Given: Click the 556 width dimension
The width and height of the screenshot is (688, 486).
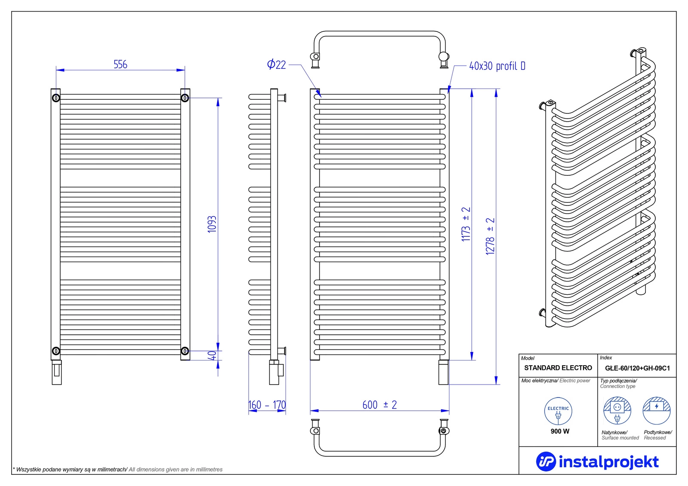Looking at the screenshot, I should (x=120, y=64).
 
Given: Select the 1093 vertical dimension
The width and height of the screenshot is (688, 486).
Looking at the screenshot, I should (x=212, y=224).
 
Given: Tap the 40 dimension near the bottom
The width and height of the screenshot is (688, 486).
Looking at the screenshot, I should (x=212, y=356).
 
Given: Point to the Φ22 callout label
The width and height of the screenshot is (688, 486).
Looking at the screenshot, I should (x=276, y=64).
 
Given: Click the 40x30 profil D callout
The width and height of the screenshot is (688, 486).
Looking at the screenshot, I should (x=497, y=66).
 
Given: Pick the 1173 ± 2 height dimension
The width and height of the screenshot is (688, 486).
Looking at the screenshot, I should (x=466, y=224).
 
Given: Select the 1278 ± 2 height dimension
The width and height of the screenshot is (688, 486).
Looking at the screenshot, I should (x=490, y=236).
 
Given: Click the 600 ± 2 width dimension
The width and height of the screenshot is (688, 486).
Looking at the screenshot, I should (x=379, y=405).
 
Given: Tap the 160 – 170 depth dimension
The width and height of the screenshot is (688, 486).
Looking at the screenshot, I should (x=267, y=405).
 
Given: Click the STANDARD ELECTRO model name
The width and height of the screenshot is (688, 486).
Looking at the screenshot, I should (x=558, y=368).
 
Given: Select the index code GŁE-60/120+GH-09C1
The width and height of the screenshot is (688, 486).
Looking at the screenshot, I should (x=637, y=368).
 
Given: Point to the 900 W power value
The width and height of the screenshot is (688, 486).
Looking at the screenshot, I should (x=560, y=431).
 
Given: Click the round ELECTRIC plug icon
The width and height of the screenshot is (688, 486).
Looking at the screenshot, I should (x=558, y=411).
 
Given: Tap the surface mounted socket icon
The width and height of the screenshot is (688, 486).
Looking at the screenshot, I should (x=617, y=410).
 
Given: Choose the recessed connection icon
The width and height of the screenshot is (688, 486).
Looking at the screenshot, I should (x=656, y=410).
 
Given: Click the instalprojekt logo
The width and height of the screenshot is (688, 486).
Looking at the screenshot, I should (x=597, y=462).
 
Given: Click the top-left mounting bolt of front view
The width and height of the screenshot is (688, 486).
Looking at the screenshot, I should (x=56, y=98).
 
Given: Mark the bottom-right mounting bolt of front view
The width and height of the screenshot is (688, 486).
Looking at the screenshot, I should (x=185, y=351).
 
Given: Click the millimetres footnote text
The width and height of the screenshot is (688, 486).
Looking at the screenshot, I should (x=118, y=470).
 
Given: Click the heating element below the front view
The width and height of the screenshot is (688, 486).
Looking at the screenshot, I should (x=56, y=372).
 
